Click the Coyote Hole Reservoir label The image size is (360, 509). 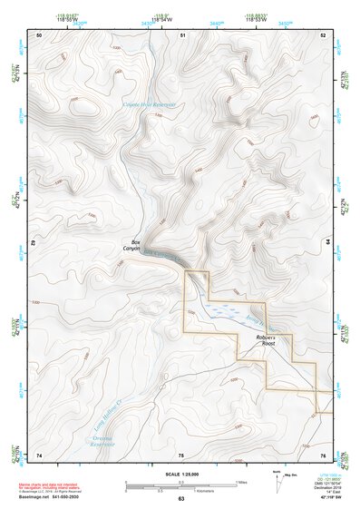click(x=149, y=105)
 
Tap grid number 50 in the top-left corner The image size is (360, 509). click(x=39, y=34)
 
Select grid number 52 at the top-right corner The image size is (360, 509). click(x=324, y=34)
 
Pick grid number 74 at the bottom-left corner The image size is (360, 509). click(x=39, y=454)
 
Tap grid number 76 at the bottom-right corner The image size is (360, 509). click(x=324, y=454)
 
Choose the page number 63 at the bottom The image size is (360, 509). click(x=181, y=499)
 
